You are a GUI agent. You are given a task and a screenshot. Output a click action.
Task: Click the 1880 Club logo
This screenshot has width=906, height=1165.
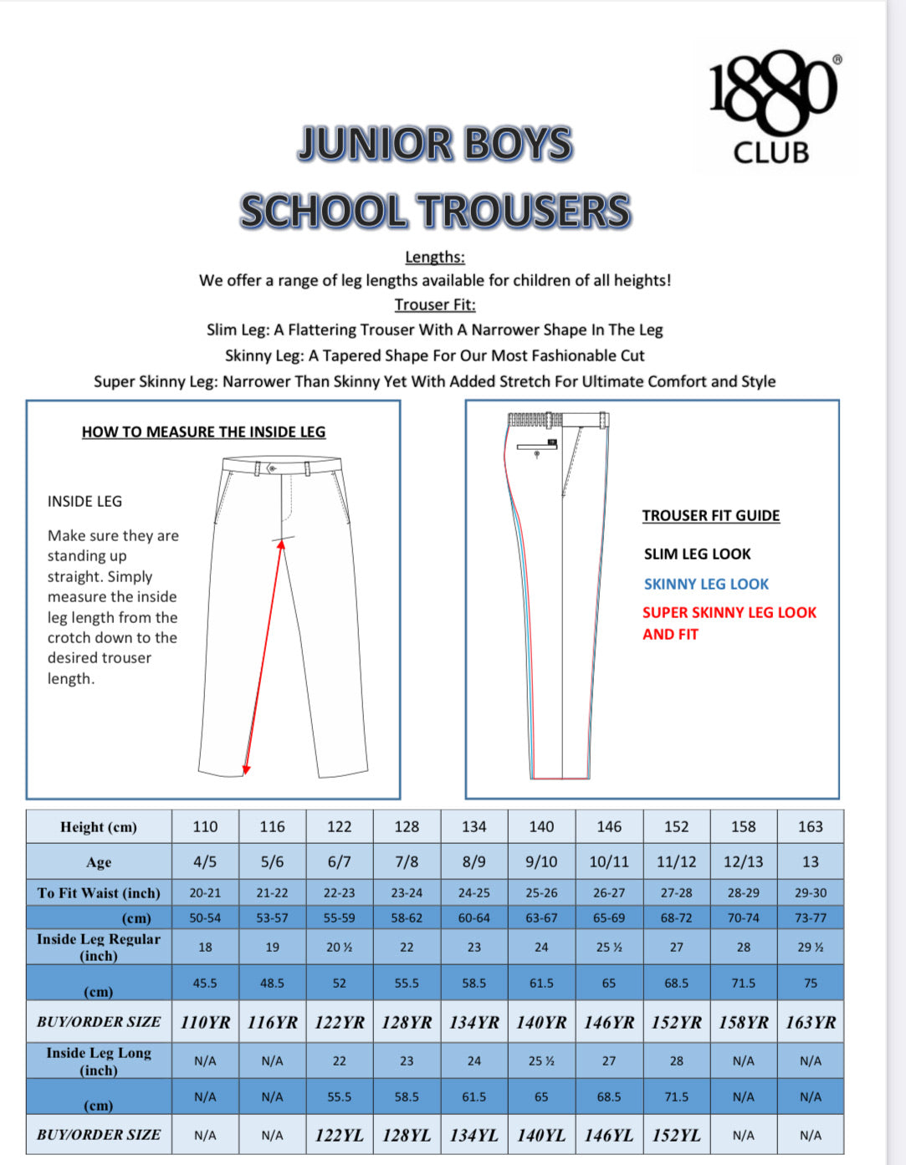[774, 107]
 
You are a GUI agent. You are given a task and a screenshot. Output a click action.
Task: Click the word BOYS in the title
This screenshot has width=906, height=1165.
[518, 144]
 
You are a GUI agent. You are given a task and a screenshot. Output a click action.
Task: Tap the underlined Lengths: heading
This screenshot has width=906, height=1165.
[435, 258]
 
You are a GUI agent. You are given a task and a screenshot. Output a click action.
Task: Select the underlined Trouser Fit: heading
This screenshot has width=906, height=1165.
[435, 305]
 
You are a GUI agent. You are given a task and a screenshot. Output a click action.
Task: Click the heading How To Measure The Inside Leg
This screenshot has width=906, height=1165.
[203, 432]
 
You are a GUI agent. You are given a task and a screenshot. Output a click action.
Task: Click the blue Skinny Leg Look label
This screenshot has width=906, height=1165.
[706, 585]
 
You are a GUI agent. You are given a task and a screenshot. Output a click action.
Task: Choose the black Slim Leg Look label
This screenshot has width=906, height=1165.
[697, 554]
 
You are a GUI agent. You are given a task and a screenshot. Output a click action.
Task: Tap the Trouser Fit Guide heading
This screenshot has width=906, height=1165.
[710, 516]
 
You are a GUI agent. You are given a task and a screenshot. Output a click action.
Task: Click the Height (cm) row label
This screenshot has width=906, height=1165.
[99, 827]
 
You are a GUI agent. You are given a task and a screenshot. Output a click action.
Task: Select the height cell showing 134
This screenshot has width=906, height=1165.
[473, 827]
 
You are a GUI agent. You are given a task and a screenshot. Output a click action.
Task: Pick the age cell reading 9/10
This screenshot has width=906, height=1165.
[541, 862]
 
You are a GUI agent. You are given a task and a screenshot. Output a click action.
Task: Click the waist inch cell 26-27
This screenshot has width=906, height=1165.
[608, 893]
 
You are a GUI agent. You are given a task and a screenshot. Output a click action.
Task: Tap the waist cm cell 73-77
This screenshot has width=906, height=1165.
[810, 918]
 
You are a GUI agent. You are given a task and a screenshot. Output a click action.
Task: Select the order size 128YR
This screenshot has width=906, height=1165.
[407, 1023]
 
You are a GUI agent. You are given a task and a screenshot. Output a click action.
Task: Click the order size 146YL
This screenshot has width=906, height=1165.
[608, 1136]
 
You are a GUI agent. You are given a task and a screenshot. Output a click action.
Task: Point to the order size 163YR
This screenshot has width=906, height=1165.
[810, 1023]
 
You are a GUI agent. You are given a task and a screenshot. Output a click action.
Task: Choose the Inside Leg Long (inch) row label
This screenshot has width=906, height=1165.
[99, 1061]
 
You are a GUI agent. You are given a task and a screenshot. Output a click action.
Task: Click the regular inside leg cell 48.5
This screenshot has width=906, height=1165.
[272, 984]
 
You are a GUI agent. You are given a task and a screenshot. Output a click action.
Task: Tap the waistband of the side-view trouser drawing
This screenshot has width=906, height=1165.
[556, 420]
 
